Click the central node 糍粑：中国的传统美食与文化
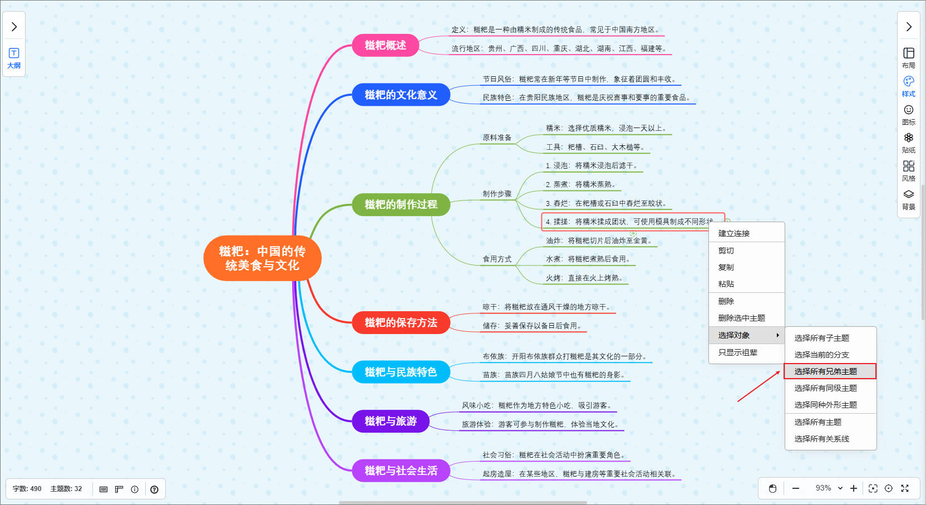pos(262,258)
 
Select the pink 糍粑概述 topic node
pos(385,45)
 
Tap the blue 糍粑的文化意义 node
pos(401,95)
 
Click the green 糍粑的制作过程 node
pos(401,204)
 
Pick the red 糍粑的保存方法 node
pos(401,322)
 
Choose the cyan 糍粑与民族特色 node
pos(401,372)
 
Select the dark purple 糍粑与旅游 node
pos(391,421)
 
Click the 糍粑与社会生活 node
pos(401,470)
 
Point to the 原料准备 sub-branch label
pos(497,138)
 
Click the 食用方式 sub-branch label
pos(497,259)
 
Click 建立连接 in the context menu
pos(733,233)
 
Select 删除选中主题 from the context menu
pos(741,318)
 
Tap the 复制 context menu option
pos(726,267)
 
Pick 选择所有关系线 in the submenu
pos(821,439)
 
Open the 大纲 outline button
pos(14,58)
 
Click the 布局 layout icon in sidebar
pos(908,57)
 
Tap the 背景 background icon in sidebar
pos(908,199)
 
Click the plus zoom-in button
pos(854,488)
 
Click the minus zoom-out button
pos(796,488)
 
